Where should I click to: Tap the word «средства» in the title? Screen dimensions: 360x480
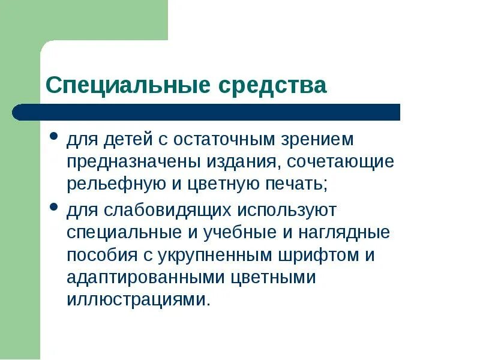pos(272,85)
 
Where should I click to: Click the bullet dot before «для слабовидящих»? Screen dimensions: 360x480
pos(54,207)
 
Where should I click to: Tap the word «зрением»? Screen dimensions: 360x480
pos(316,140)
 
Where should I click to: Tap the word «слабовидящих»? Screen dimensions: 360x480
pos(164,211)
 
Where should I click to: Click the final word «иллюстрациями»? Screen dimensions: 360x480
pos(138,299)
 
